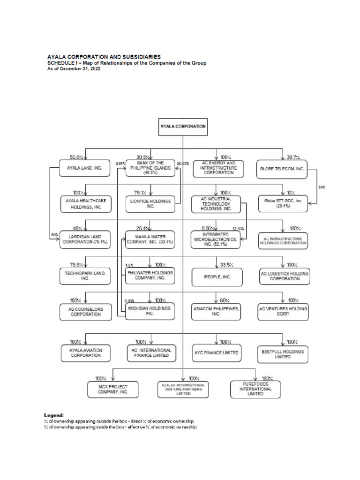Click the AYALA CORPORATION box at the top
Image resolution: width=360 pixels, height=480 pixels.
(182, 127)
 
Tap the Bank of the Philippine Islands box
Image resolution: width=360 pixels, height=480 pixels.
(150, 167)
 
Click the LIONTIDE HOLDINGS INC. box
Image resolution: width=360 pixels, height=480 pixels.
(150, 203)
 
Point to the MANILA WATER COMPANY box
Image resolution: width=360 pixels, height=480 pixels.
(150, 239)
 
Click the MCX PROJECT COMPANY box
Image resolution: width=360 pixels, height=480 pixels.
(113, 389)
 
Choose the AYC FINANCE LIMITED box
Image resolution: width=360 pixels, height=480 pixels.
(216, 352)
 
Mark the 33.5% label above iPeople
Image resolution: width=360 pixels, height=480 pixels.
(227, 265)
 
